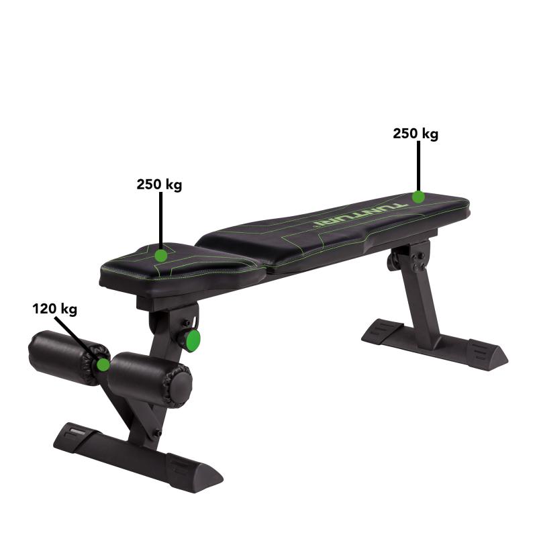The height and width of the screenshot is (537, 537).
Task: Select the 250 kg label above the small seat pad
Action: [x=159, y=184]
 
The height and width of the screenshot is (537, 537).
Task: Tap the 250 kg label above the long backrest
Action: [x=416, y=134]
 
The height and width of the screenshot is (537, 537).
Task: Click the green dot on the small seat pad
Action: [x=160, y=255]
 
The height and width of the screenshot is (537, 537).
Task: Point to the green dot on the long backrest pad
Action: [x=418, y=196]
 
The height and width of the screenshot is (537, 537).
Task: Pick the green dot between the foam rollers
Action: [x=103, y=364]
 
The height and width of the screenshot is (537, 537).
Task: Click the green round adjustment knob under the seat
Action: [x=193, y=340]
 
